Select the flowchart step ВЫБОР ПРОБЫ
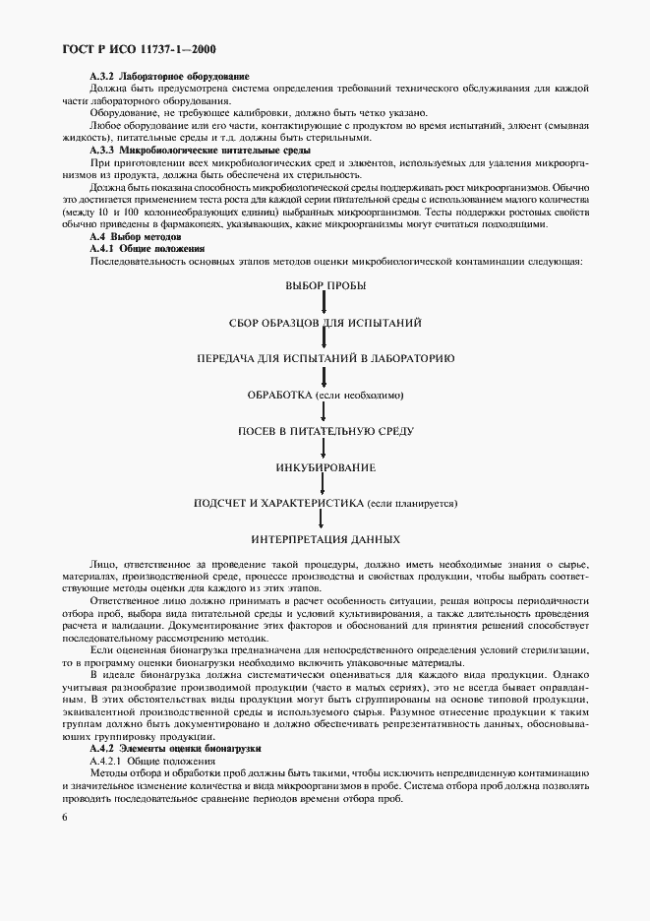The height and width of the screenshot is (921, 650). pyautogui.click(x=325, y=285)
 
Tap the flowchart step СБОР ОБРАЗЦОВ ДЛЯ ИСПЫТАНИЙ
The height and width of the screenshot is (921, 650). pyautogui.click(x=325, y=322)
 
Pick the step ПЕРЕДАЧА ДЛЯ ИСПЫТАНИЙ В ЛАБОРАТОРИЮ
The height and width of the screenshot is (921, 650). pyautogui.click(x=325, y=358)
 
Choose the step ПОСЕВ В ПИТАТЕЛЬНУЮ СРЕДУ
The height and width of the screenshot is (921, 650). pyautogui.click(x=325, y=431)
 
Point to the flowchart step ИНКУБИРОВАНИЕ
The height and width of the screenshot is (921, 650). pyautogui.click(x=325, y=466)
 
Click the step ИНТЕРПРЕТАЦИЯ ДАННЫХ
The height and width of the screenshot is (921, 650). pyautogui.click(x=325, y=539)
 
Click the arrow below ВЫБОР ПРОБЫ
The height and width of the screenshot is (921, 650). pyautogui.click(x=325, y=303)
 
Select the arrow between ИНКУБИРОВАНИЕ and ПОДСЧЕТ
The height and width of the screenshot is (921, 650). pyautogui.click(x=325, y=485)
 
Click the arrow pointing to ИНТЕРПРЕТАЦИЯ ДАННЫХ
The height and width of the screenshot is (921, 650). pyautogui.click(x=325, y=522)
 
